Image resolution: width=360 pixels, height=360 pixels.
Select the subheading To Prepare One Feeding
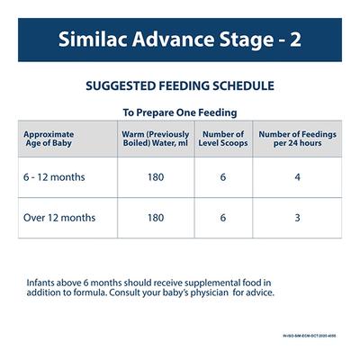180,113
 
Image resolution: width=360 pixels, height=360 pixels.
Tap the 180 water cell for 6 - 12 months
154,178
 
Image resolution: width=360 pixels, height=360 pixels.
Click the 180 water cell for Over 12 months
154,218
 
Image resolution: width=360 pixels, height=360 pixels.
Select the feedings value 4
296,178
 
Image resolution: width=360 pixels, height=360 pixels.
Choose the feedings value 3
296,218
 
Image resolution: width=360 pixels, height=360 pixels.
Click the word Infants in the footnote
43,280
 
